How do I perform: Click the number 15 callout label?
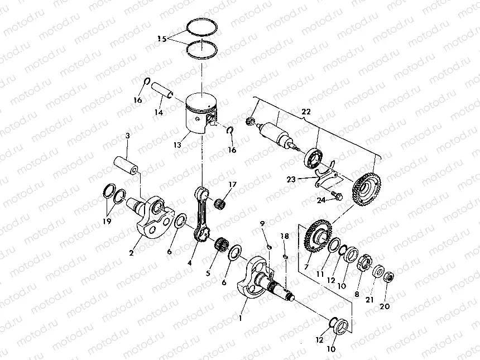pos(161,39)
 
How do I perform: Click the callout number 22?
pos(306,112)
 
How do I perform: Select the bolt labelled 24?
pos(336,195)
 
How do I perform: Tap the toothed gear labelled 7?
pos(315,237)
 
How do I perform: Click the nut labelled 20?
pos(390,276)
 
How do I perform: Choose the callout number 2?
pos(131,253)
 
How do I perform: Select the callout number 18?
pos(285,237)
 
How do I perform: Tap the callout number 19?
pos(107,221)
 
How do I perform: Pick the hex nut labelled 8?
pos(367,261)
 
